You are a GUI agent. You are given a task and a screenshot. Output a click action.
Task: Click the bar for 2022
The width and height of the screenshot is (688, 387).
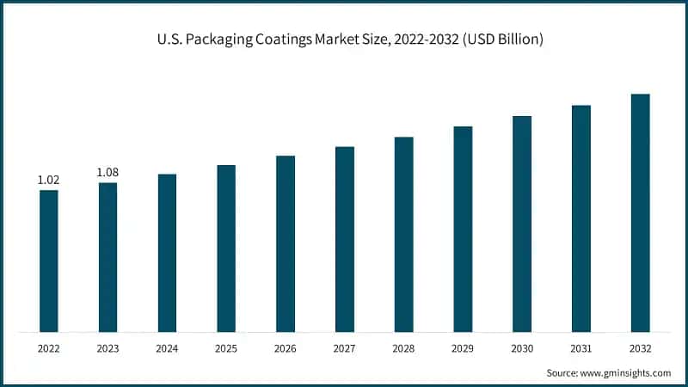[x=49, y=261]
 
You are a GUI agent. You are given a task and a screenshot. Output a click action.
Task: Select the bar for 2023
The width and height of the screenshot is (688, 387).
[x=107, y=257]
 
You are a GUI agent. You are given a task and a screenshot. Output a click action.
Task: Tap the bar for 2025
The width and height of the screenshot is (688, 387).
[x=226, y=248]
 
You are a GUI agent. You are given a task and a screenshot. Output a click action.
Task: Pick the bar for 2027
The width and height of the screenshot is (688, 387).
[x=344, y=239]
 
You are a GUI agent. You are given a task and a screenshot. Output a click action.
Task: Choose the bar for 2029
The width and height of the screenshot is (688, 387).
[x=463, y=229]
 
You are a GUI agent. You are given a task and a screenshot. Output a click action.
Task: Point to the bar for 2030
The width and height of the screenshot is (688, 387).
[x=522, y=224]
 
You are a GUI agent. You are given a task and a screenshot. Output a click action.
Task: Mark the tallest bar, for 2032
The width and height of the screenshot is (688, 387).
[x=640, y=212]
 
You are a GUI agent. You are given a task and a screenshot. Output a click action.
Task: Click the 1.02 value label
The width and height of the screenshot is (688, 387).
[x=49, y=180]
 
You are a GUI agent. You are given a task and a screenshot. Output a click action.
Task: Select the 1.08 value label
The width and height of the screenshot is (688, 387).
[x=107, y=172]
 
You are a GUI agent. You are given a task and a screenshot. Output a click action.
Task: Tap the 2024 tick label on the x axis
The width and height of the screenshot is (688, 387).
[x=167, y=348]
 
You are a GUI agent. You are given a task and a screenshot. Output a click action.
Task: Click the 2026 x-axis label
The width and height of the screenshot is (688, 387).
[x=286, y=348]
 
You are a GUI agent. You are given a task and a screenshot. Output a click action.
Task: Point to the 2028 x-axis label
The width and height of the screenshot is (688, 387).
[x=403, y=348]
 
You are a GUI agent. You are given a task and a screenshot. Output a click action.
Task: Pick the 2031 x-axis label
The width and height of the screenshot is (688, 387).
[x=581, y=348]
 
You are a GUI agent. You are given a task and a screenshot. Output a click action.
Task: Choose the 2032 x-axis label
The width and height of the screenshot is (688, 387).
[x=640, y=348]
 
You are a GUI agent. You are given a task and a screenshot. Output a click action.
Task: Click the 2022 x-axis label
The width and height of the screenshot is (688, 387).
[x=49, y=348]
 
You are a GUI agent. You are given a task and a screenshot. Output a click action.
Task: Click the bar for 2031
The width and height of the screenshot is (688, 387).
[x=581, y=218]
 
